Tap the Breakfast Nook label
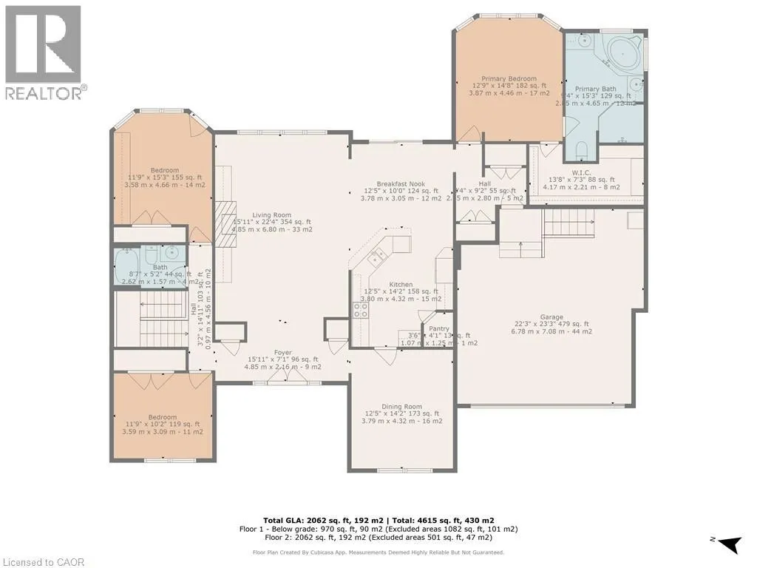(400, 183)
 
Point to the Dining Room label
(401, 406)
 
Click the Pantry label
(439, 328)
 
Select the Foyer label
(283, 353)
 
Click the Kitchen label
(401, 284)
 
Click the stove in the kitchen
(361, 311)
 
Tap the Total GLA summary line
(378, 521)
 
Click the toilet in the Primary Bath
(580, 152)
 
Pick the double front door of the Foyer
(288, 376)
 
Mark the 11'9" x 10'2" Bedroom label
(163, 418)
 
